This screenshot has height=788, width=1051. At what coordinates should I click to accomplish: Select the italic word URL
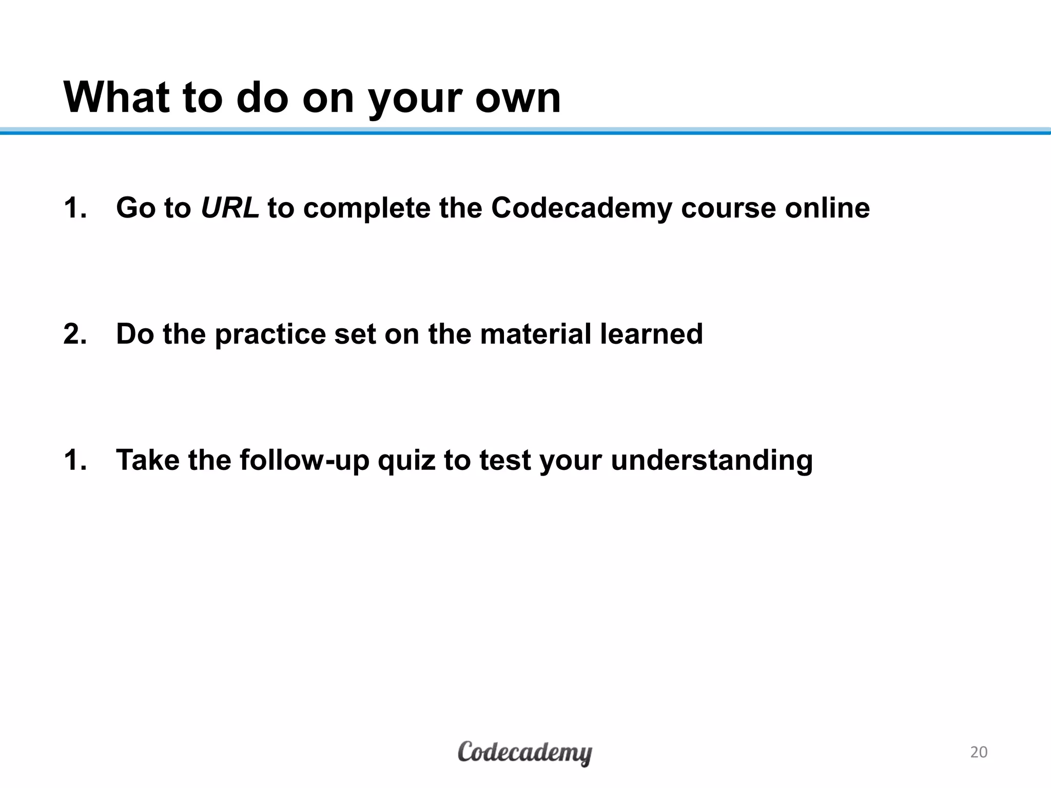[229, 208]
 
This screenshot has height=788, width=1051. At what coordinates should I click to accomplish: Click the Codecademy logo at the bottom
[524, 753]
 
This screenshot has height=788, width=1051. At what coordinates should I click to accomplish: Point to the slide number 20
[979, 752]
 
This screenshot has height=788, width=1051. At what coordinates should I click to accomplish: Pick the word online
[827, 208]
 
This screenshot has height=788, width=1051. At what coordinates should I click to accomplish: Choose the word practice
[270, 334]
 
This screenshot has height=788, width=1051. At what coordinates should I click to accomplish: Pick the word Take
[148, 460]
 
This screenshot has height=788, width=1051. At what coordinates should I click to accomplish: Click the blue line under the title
[525, 132]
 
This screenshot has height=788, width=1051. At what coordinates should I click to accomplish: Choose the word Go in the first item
[135, 208]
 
